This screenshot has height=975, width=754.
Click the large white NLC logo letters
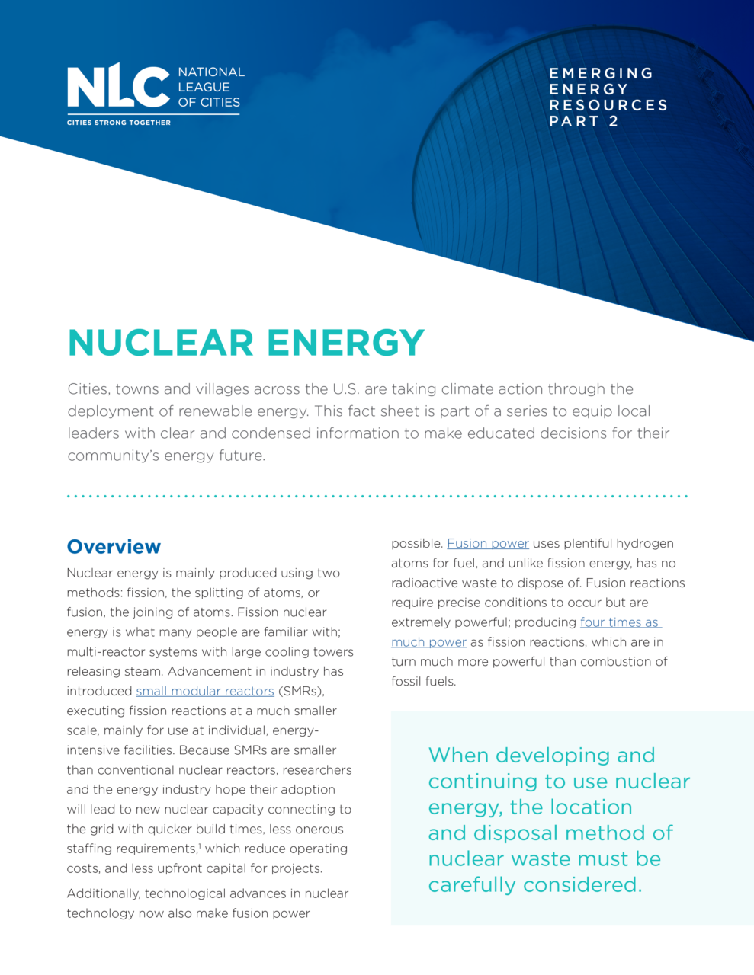point(117,88)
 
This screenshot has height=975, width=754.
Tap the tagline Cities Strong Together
point(118,123)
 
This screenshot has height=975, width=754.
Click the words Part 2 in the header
point(583,121)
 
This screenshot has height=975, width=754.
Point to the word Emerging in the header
point(601,73)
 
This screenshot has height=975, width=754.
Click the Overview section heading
point(114,547)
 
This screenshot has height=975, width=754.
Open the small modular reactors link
point(205,691)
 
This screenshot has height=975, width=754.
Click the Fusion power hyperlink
point(487,543)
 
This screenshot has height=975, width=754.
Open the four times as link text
point(619,622)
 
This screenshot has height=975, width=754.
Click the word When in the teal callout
point(458,756)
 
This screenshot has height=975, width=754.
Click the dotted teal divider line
point(377,496)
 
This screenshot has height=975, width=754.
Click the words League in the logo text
point(204,87)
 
